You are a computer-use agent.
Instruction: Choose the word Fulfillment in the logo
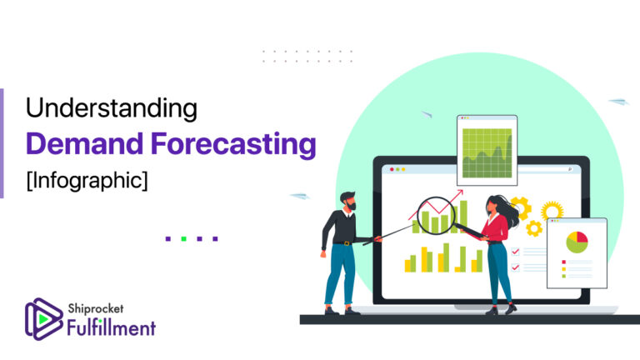(111, 327)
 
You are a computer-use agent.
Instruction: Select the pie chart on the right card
(577, 242)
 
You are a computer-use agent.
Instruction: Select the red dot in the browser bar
(390, 169)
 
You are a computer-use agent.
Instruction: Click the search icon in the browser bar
(569, 169)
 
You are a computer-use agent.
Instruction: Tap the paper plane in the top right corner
(617, 102)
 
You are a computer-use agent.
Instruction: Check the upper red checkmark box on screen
(516, 251)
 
